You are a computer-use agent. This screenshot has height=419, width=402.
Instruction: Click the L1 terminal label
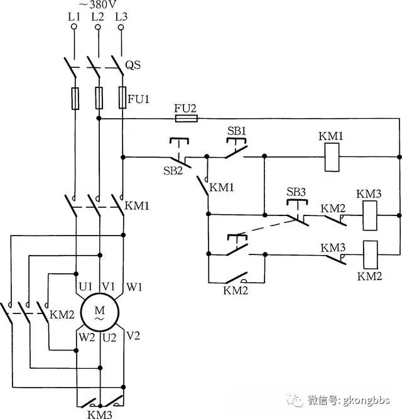[74, 17]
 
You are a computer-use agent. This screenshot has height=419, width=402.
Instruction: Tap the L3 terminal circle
[121, 27]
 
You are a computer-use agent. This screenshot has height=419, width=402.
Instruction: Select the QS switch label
[133, 65]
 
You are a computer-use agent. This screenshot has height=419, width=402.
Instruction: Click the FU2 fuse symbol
[187, 118]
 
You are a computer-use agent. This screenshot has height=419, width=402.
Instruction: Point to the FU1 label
[138, 99]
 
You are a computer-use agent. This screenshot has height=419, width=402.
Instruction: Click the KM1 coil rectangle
[332, 157]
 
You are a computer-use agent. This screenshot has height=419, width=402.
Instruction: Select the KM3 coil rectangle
[370, 215]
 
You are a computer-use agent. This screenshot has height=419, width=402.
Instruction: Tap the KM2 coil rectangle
[371, 254]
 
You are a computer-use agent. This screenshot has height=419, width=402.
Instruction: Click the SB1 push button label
[236, 131]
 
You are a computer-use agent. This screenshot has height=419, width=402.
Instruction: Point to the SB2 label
[173, 170]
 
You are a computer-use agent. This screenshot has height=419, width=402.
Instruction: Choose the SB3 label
[296, 192]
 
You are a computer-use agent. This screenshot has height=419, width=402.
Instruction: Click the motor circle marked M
[100, 313]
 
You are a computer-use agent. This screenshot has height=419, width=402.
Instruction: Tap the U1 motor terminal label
[85, 287]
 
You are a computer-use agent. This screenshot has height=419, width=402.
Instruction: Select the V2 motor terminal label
[133, 335]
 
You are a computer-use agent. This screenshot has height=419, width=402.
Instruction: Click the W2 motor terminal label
[87, 337]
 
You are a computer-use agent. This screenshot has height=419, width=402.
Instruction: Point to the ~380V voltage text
[97, 4]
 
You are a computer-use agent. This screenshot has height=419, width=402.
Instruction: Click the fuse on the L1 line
[75, 99]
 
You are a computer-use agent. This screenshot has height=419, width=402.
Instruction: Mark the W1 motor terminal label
[134, 287]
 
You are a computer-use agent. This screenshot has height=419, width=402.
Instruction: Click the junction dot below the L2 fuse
[99, 118]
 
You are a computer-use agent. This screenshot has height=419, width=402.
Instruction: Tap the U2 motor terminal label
[109, 338]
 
